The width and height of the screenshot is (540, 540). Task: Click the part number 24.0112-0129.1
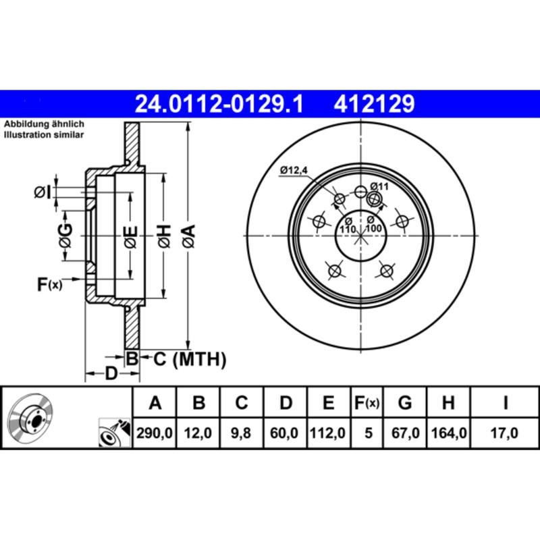[219, 104]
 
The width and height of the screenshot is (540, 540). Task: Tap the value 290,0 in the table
[155, 433]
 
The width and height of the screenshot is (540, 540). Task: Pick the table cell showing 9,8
[242, 433]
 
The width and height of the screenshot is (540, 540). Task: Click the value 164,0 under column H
[448, 433]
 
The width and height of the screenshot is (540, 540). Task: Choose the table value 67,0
[405, 433]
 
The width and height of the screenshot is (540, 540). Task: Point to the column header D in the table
[286, 404]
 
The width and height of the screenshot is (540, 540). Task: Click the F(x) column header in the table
[368, 404]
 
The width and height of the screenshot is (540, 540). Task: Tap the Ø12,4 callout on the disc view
[293, 170]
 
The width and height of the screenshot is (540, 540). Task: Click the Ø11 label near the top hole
[381, 186]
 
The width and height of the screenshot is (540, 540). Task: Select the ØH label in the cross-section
[163, 237]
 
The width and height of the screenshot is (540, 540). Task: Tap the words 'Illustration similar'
[45, 135]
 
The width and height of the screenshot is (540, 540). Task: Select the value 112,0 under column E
[328, 433]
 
